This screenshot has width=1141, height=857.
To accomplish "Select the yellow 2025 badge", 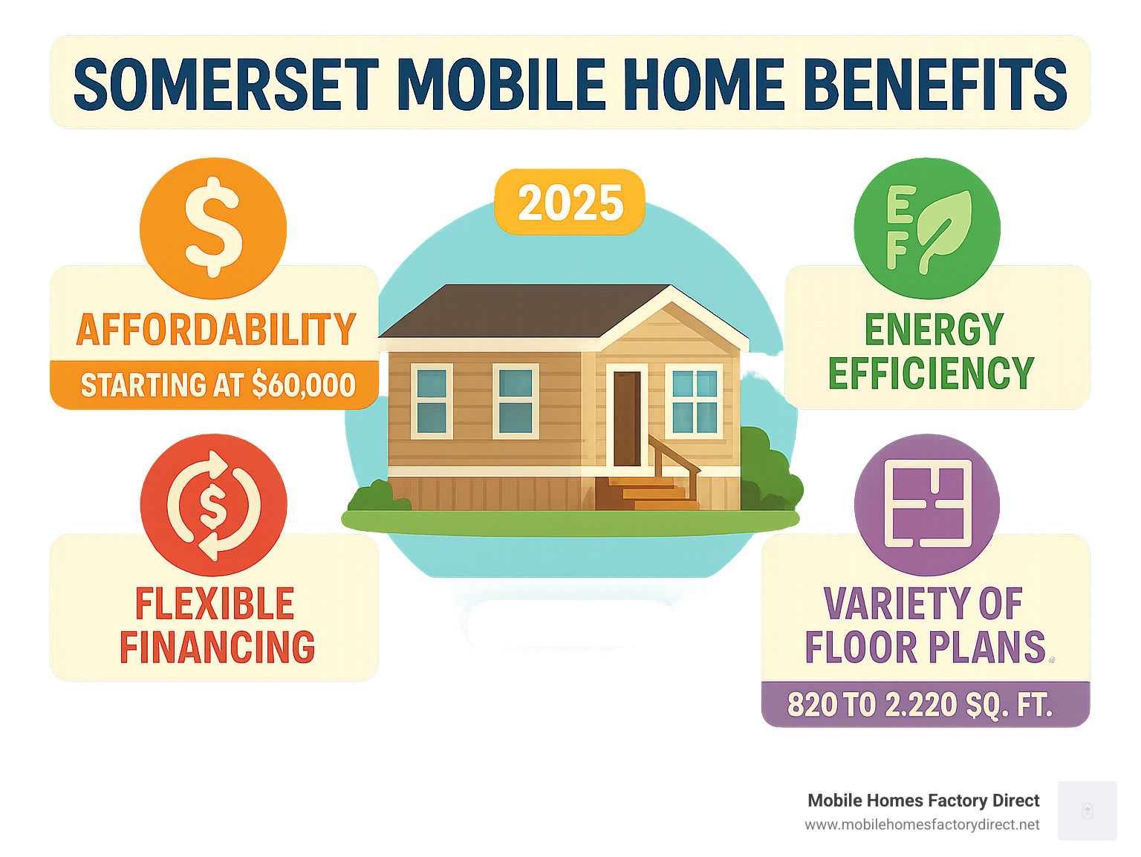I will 570,202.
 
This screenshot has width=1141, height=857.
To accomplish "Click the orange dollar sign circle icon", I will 213,227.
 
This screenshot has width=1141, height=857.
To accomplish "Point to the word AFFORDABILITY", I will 216,329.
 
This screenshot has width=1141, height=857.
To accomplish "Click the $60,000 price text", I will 303,385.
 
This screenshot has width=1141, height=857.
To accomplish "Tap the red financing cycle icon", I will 213,504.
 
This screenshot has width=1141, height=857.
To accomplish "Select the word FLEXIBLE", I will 214,603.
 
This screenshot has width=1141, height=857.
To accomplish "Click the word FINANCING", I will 217,647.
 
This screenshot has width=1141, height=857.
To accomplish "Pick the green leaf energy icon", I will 926,229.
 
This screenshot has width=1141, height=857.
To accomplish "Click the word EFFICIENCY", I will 931,373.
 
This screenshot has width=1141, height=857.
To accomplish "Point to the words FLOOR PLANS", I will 925,647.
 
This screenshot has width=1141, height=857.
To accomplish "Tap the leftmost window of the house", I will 432,401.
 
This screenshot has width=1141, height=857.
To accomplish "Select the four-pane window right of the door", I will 694,401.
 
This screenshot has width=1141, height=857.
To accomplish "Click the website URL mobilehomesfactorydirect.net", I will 921,825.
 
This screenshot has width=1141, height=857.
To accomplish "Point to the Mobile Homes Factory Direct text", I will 923,801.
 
